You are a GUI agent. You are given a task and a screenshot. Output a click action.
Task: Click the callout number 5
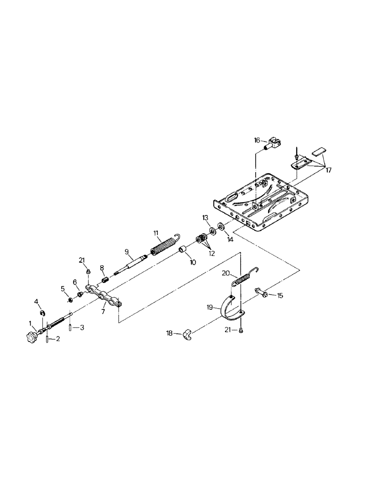tap(63, 288)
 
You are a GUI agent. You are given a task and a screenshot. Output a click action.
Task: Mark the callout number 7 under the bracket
tap(103, 313)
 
